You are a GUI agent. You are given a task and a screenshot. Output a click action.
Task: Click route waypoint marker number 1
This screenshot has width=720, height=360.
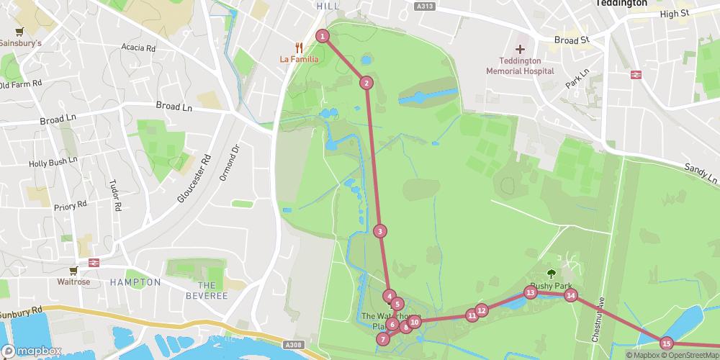(x=323, y=36)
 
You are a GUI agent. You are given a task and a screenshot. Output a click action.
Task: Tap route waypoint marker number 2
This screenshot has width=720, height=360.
(x=366, y=83)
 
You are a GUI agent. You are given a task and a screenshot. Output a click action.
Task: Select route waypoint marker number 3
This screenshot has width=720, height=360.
(x=379, y=231)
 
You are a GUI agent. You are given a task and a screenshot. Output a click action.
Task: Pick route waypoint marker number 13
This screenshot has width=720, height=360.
(x=530, y=292)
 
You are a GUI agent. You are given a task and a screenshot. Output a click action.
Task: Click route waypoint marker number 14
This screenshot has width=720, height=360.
(x=570, y=294)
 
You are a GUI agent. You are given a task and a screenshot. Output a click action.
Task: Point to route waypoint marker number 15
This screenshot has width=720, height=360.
(x=666, y=343)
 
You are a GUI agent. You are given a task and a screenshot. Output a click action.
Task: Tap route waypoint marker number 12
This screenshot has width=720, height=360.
(x=482, y=310)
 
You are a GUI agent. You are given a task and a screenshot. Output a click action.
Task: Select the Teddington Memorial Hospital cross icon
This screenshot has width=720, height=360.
(x=520, y=49)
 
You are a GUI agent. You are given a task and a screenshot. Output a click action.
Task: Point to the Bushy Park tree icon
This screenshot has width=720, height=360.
(x=551, y=273)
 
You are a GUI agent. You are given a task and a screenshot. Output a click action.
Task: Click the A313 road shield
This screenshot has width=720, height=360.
(x=426, y=6)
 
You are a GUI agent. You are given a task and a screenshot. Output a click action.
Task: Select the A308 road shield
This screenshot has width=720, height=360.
(x=293, y=345)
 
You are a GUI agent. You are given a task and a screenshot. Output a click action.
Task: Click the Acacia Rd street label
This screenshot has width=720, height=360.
(x=139, y=48)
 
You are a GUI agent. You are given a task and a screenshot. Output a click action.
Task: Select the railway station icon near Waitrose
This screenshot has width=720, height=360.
(x=94, y=263)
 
